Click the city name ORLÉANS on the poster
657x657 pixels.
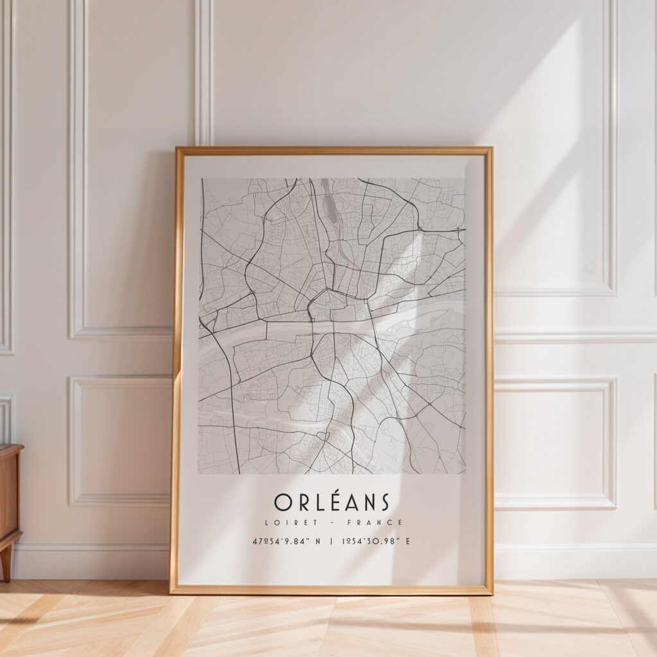point(331,502)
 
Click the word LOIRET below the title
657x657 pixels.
point(284,523)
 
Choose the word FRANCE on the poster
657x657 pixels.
point(379,523)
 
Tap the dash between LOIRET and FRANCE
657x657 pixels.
point(331,523)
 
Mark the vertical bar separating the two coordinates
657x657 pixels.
point(331,542)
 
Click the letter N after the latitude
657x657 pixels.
point(319,542)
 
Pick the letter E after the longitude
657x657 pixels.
point(407,542)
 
